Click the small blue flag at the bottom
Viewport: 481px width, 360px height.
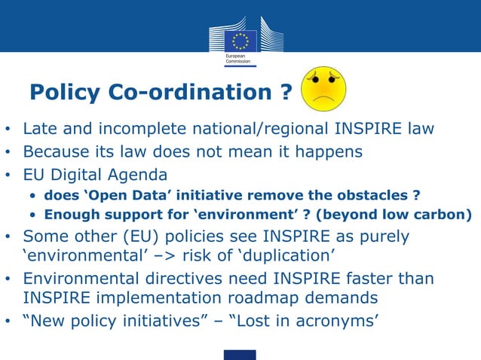240,354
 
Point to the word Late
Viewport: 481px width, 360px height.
40,128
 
